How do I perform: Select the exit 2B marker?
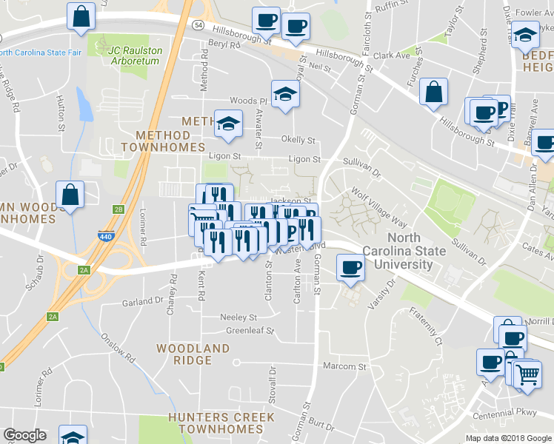coord(119,209)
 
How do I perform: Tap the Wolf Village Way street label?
coord(379,208)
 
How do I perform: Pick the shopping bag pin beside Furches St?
coord(434,93)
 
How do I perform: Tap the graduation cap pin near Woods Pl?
coord(282,95)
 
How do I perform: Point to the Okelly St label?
coord(298,140)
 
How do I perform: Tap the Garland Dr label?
coord(143,301)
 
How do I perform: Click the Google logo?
coord(24,435)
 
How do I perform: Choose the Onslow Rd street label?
coord(119,347)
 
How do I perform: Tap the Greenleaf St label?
coord(250,331)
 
